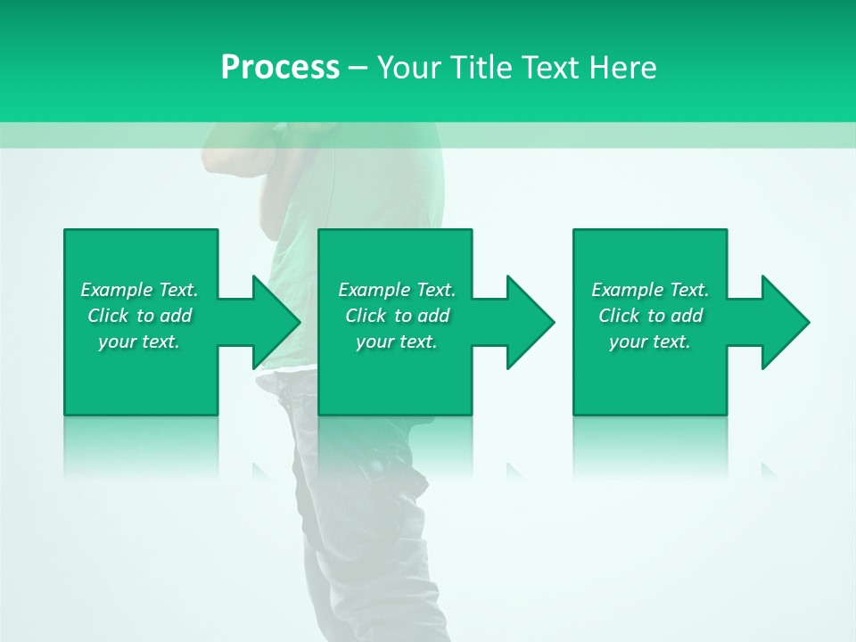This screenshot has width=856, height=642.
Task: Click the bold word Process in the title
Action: click(280, 68)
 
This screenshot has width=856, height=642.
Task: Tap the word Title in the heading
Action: click(482, 68)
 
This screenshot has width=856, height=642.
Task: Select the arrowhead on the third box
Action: click(784, 322)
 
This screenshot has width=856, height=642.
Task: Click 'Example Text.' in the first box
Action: click(139, 290)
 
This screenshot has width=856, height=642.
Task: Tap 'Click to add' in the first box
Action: click(139, 316)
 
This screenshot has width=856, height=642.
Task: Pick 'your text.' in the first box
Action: click(139, 342)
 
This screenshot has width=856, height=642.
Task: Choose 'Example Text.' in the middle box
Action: click(397, 290)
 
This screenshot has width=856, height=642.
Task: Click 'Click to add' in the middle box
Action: click(397, 316)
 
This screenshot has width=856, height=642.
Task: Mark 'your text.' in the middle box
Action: click(397, 342)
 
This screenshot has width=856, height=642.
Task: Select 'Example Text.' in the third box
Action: click(650, 290)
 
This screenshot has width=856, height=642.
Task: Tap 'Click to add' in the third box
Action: click(650, 316)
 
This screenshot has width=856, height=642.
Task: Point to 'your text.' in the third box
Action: click(650, 342)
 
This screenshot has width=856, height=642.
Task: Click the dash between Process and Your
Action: click(358, 68)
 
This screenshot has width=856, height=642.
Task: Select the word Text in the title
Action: click(549, 68)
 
